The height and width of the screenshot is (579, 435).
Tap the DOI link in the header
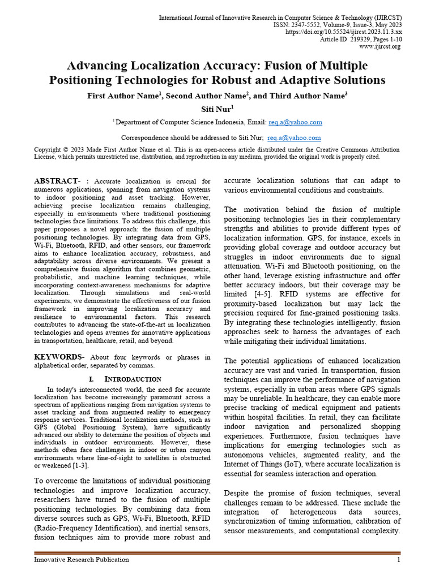coord(343,32)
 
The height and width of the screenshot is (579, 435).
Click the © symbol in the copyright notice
coord(67,150)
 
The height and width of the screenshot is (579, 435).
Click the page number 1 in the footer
coord(398,560)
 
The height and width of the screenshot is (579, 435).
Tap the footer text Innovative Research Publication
coord(82,560)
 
